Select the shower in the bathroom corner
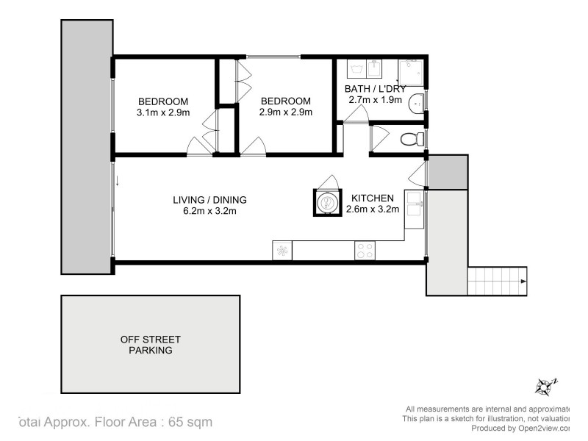coord(409,71)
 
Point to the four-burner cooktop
coord(365,251)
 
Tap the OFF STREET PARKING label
coord(151,345)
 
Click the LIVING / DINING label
coord(209,199)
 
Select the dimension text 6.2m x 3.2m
coord(209,211)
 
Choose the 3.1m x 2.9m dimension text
coord(163,112)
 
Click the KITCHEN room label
coord(373,198)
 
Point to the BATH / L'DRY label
coord(375,89)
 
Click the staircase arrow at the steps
coord(523,280)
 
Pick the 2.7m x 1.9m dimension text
coord(373,100)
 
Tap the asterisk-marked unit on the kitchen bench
coord(282,251)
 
